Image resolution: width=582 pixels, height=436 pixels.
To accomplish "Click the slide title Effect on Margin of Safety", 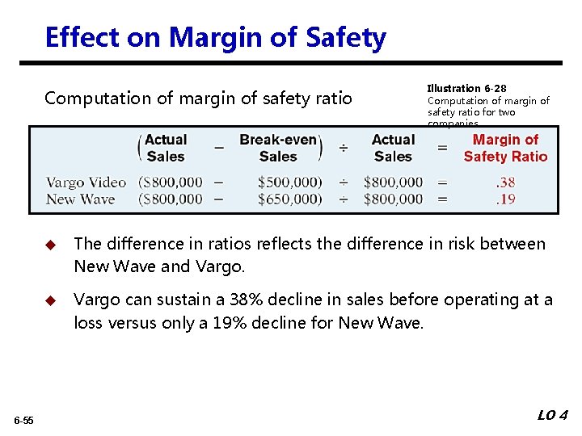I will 215,37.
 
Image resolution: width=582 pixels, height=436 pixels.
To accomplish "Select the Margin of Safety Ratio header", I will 505,149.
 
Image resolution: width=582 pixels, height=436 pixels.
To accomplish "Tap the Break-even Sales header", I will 278,149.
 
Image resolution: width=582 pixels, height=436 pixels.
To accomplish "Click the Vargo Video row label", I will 86,182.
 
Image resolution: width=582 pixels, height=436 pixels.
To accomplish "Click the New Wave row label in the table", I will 80,199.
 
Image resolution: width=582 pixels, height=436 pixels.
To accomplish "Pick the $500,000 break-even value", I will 289,182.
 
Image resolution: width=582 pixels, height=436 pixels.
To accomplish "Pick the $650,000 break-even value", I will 289,199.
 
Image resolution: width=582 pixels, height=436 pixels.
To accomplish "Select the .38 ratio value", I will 505,182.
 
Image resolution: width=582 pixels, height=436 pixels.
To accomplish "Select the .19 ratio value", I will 505,199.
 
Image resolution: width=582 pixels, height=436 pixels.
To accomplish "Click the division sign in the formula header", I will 344,149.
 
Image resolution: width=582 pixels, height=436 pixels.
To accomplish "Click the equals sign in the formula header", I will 442,149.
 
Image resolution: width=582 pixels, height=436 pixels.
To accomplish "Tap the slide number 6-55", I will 23,421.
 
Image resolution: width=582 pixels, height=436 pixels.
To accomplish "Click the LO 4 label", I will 553,415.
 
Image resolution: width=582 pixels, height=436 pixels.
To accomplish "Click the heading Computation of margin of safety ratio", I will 198,99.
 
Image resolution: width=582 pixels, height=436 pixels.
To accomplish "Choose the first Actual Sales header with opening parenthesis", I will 164,149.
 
